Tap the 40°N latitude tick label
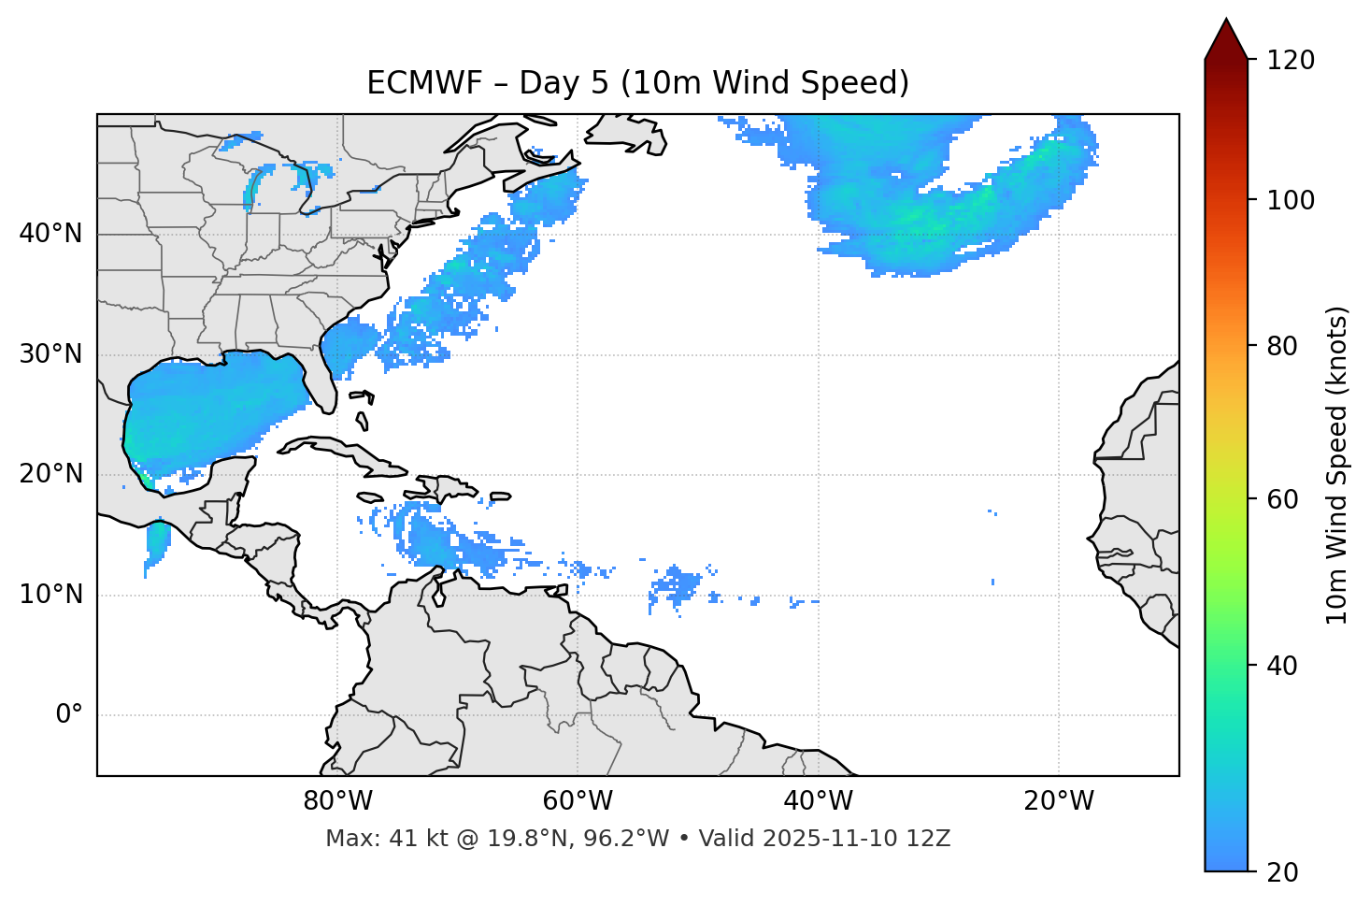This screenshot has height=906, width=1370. coord(50,234)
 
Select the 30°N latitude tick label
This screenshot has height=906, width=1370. coord(50,354)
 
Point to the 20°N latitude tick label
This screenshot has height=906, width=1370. coord(50,474)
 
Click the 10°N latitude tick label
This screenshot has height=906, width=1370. coord(50,595)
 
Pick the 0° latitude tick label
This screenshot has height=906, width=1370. coord(69,715)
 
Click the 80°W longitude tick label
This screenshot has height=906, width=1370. coord(337,801)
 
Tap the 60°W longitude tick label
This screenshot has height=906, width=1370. coord(578,801)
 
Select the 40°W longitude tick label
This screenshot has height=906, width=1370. coord(818,801)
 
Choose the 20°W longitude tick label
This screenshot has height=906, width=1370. coord(1059,801)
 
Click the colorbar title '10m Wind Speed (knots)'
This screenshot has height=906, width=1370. coord(1337,466)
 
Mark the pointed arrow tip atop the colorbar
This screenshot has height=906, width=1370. coord(1226,21)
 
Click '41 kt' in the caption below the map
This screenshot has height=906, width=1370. coord(408,839)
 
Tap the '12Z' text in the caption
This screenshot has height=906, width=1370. coord(931,839)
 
